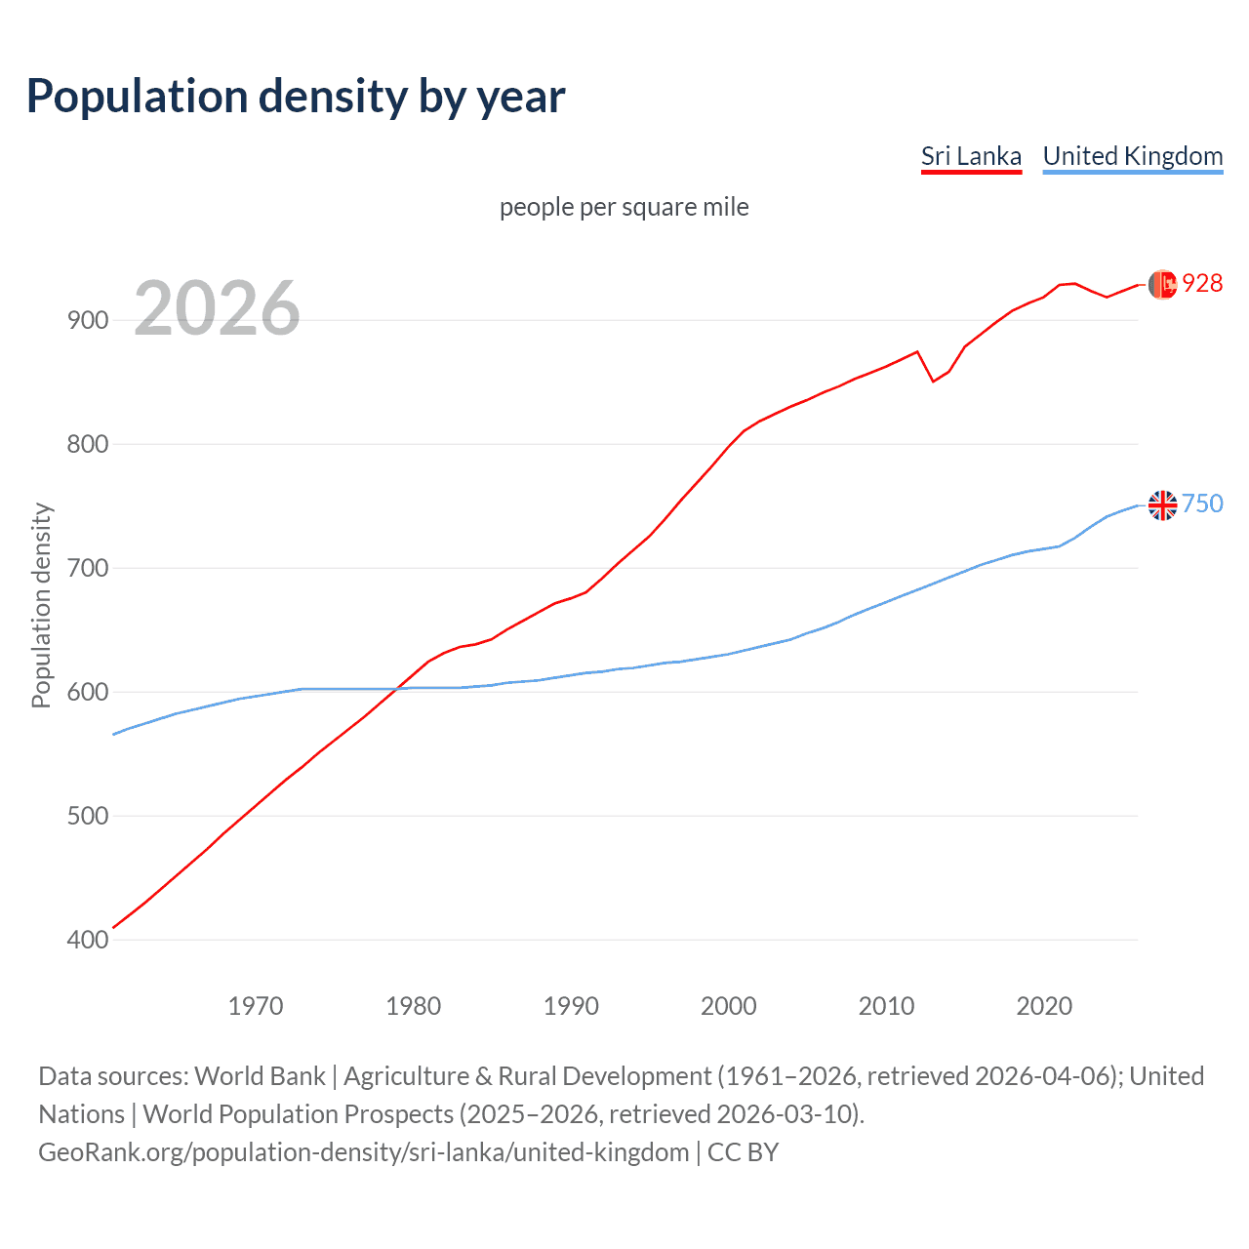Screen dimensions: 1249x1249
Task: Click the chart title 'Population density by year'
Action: tap(296, 97)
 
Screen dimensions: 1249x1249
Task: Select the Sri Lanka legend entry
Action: tap(971, 156)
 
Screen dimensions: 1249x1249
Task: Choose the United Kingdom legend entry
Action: tap(1132, 156)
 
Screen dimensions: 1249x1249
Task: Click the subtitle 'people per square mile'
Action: tap(624, 208)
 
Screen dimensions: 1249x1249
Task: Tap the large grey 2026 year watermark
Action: tap(217, 308)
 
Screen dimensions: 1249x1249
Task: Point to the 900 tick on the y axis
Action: tap(88, 320)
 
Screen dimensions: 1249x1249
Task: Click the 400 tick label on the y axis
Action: tap(88, 940)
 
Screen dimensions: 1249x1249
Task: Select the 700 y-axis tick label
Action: tap(88, 568)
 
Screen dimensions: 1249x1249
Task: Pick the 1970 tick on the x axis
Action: tap(256, 1006)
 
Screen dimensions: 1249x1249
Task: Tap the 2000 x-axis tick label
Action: tap(728, 1006)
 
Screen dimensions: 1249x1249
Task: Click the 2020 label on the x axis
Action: tap(1044, 1006)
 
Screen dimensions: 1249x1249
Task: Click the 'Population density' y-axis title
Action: tap(41, 605)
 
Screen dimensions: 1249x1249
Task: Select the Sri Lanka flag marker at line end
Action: tap(1162, 284)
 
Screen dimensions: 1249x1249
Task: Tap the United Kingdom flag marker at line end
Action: tap(1162, 505)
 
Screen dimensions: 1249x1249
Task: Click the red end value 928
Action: tap(1202, 283)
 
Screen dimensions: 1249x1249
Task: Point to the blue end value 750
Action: tap(1202, 504)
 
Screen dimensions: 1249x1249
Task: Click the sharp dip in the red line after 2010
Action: tap(933, 381)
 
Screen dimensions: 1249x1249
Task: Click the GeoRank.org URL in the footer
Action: tap(363, 1152)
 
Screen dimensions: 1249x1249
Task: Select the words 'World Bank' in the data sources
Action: tap(260, 1076)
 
